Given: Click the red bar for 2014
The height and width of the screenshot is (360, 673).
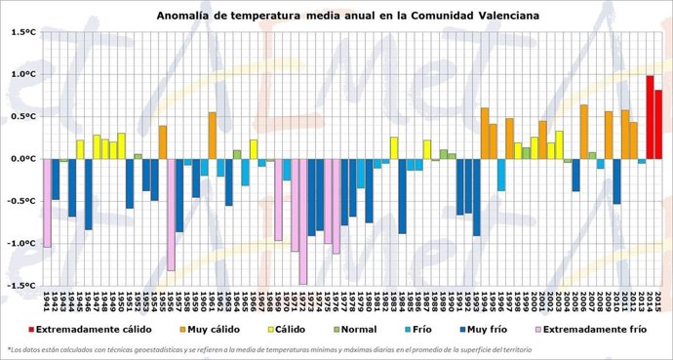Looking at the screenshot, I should point(650,117).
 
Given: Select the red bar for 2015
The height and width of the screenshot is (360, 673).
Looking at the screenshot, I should point(658,124).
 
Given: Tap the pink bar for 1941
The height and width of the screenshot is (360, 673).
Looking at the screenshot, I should point(47,203).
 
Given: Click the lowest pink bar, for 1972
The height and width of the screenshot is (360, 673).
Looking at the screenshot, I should point(303,221).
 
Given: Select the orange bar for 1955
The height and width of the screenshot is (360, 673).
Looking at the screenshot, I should point(163,142).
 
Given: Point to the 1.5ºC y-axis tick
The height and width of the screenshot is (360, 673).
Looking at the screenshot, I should point(23,32).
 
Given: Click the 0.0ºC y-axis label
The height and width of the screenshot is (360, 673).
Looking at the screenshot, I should point(23,159).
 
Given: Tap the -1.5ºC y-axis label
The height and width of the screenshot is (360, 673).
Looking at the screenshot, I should point(21,286).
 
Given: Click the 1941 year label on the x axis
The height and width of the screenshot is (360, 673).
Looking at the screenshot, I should point(47,298).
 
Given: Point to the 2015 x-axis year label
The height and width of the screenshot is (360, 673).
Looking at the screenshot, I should point(658,298).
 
